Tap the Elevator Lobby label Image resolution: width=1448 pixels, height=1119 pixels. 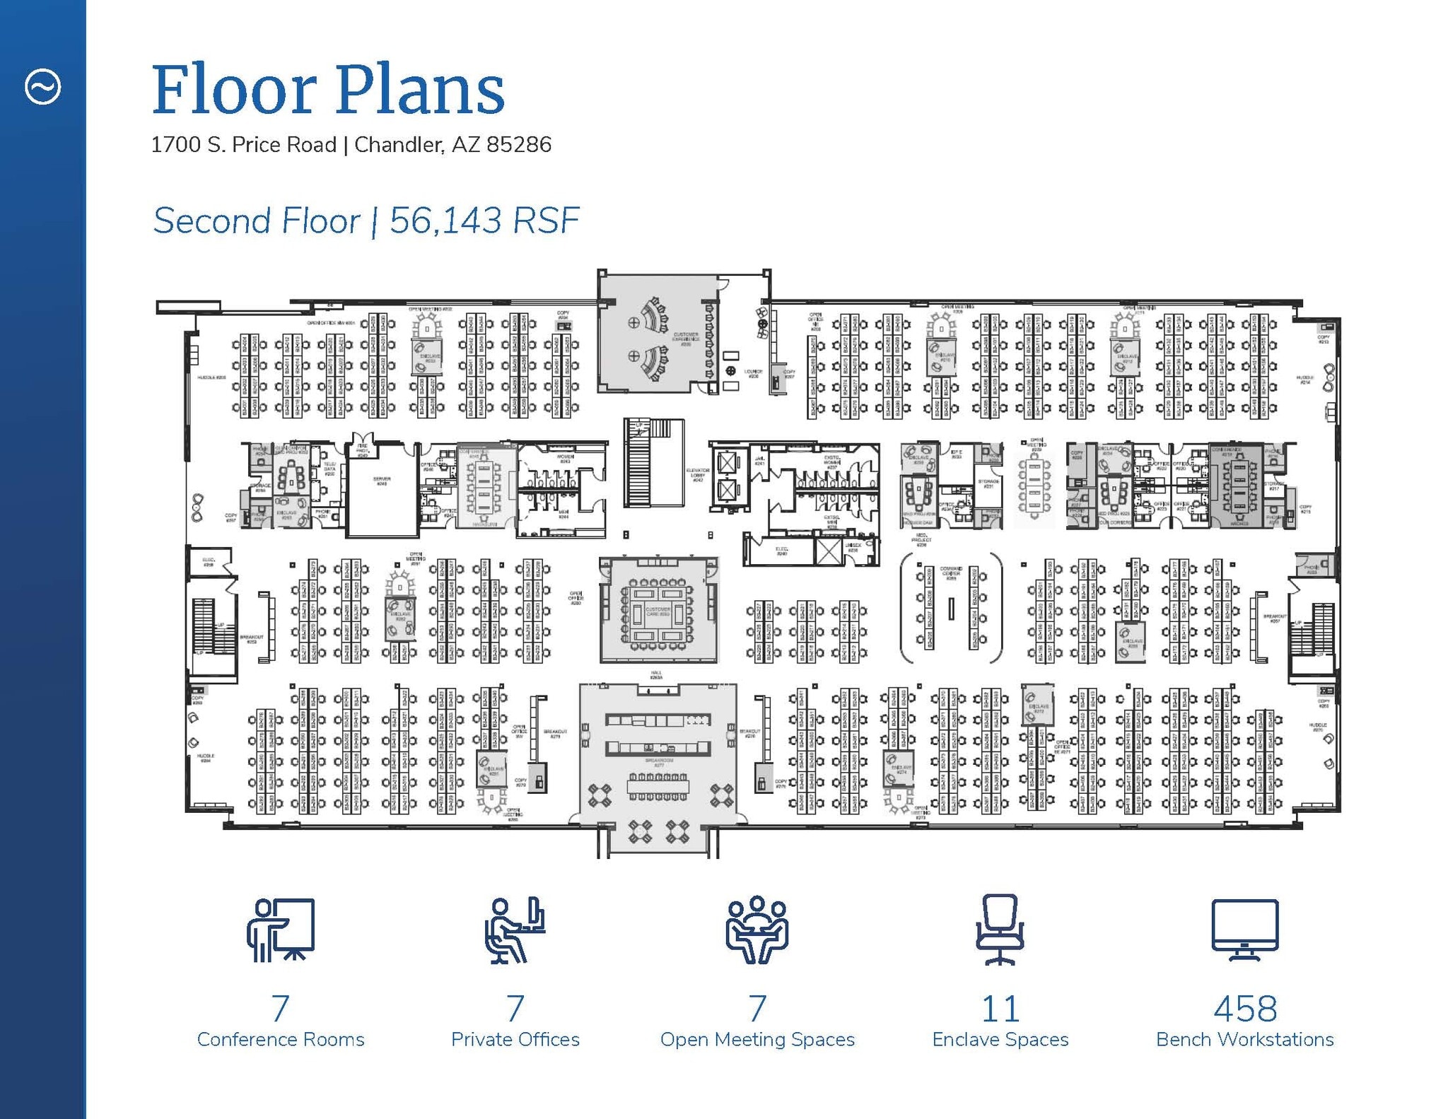(x=697, y=474)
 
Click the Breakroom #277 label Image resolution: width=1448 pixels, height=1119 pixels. (x=658, y=762)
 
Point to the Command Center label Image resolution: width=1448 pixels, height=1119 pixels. (x=951, y=572)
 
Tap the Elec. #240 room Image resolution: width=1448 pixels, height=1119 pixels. (x=781, y=551)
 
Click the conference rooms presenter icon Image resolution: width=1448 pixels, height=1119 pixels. (x=281, y=930)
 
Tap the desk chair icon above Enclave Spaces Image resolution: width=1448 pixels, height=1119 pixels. (x=1000, y=930)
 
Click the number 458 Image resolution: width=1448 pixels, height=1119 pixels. (x=1244, y=1009)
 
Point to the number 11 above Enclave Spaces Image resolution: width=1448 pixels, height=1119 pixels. (x=1000, y=1009)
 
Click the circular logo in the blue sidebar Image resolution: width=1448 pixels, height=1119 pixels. (x=43, y=87)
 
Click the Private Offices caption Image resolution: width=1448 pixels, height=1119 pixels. (x=515, y=1039)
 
